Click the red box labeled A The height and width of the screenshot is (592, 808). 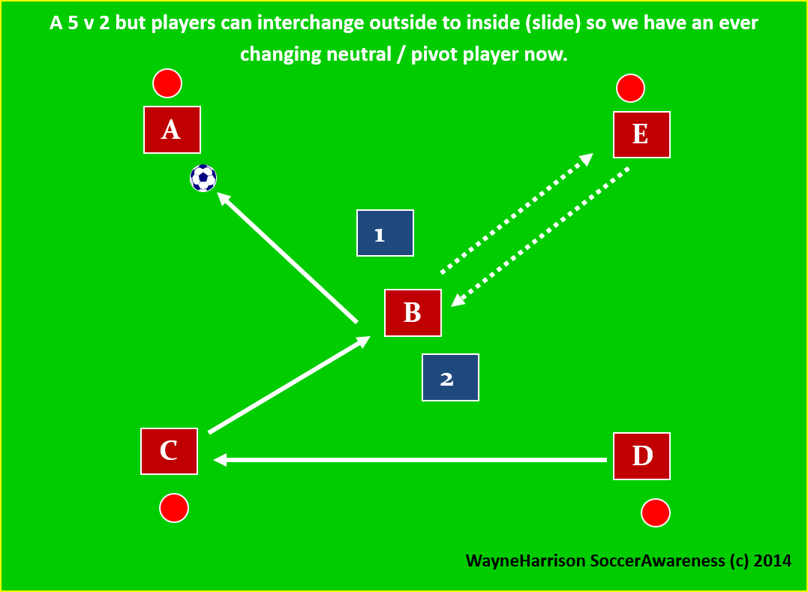point(172,130)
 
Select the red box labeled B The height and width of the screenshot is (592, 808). point(413,312)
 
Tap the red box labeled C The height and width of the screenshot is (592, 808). point(169,451)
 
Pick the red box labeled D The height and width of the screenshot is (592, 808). point(641,455)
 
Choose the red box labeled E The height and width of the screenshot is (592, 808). point(641,134)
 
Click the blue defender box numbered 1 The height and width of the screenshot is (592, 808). point(385,233)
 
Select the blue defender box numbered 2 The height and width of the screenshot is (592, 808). point(450,377)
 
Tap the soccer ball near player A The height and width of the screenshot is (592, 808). point(203,179)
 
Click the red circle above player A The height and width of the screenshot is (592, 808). point(167,83)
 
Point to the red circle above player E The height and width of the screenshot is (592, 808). point(631,89)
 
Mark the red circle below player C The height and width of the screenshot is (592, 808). point(173,508)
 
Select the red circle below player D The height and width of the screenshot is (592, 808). point(656,513)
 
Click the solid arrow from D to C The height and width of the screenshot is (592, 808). point(410,459)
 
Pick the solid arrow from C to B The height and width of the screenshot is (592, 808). point(290,384)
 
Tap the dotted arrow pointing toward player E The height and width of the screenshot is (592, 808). point(516,213)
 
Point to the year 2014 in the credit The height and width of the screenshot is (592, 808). point(771,560)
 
